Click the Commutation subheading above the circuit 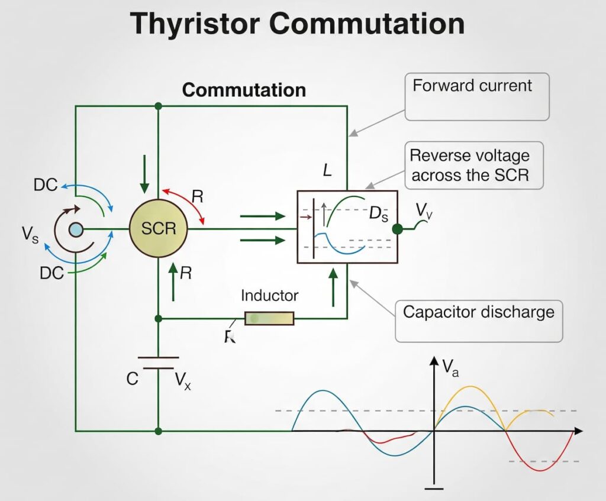[244, 90]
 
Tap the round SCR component [158, 228]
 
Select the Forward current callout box [476, 96]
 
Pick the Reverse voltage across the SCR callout [475, 165]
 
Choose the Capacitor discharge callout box [478, 320]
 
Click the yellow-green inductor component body [269, 318]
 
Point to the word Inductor [269, 295]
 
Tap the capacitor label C [133, 379]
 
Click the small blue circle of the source [75, 230]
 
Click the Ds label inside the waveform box [379, 214]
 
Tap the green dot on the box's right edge [398, 229]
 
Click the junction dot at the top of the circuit [158, 106]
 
